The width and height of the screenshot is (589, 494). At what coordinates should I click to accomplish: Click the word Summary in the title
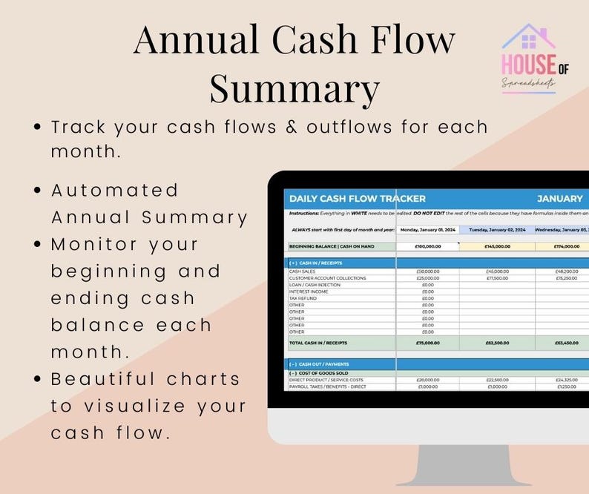(294, 88)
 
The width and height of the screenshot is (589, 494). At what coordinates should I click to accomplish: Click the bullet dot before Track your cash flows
(38, 128)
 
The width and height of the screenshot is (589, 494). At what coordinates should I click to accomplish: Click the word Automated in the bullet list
(115, 190)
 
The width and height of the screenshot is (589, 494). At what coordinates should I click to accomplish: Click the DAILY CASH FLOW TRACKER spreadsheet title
(357, 199)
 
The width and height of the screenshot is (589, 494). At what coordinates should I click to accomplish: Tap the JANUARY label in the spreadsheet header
(559, 199)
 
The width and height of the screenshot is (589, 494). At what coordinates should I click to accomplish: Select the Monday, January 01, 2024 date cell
(427, 230)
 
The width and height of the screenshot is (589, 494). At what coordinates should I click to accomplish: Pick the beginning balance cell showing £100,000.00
(427, 246)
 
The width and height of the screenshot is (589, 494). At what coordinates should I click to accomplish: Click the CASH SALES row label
(301, 271)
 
